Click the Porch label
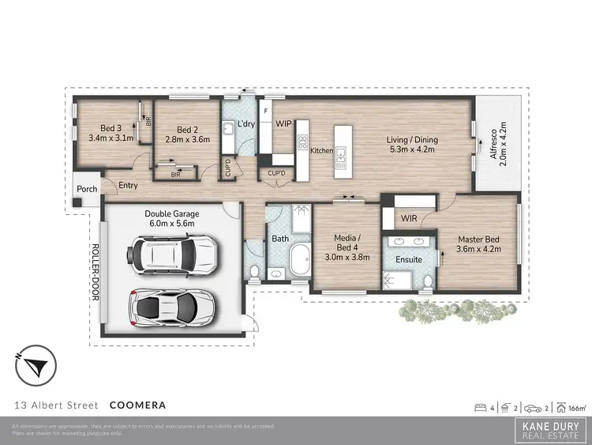coord(85,190)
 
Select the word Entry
coord(128,186)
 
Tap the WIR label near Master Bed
coord(408,217)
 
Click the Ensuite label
coord(408,259)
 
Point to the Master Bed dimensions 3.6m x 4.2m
coord(479,249)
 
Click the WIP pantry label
coord(283,124)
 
